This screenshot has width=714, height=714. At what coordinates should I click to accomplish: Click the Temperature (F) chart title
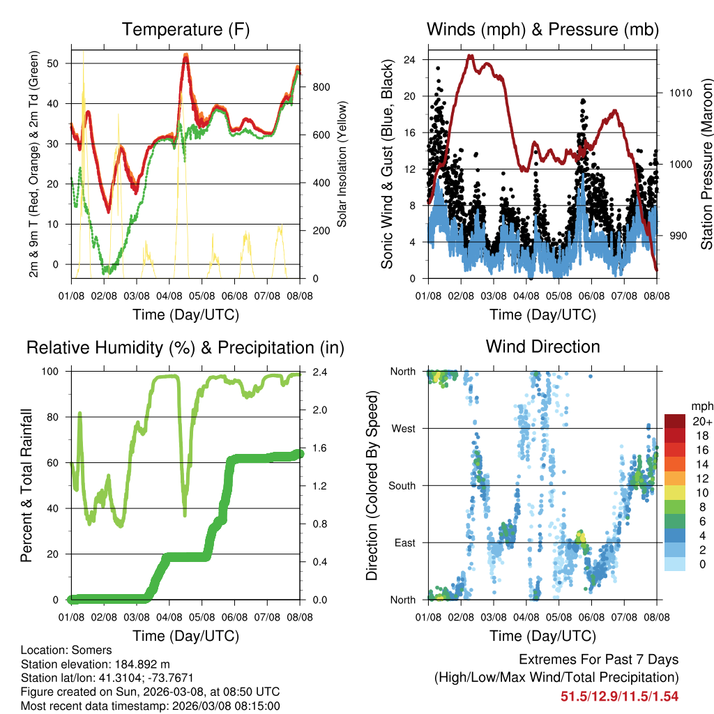click(185, 30)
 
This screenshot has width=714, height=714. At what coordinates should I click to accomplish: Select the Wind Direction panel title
click(542, 347)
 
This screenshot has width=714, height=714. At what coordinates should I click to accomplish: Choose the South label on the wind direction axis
click(402, 485)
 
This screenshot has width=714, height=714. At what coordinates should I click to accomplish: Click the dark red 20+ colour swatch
click(675, 422)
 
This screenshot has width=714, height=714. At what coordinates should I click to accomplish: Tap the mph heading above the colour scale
click(701, 406)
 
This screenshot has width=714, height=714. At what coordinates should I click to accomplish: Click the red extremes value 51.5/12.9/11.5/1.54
click(619, 696)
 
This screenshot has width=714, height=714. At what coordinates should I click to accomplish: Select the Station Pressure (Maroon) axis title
click(706, 165)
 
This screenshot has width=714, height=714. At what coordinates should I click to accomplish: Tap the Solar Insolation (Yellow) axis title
click(342, 165)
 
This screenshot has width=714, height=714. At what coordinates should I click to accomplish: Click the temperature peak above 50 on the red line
click(185, 56)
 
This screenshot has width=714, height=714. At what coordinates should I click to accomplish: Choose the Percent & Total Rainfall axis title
click(26, 485)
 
